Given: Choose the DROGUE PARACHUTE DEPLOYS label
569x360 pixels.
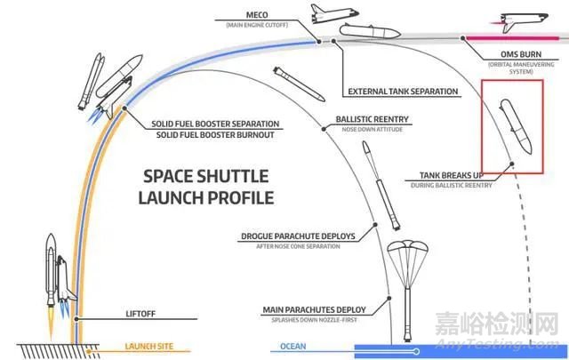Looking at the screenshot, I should click(x=298, y=237).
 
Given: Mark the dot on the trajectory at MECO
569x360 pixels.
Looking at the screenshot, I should click(x=319, y=40).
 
